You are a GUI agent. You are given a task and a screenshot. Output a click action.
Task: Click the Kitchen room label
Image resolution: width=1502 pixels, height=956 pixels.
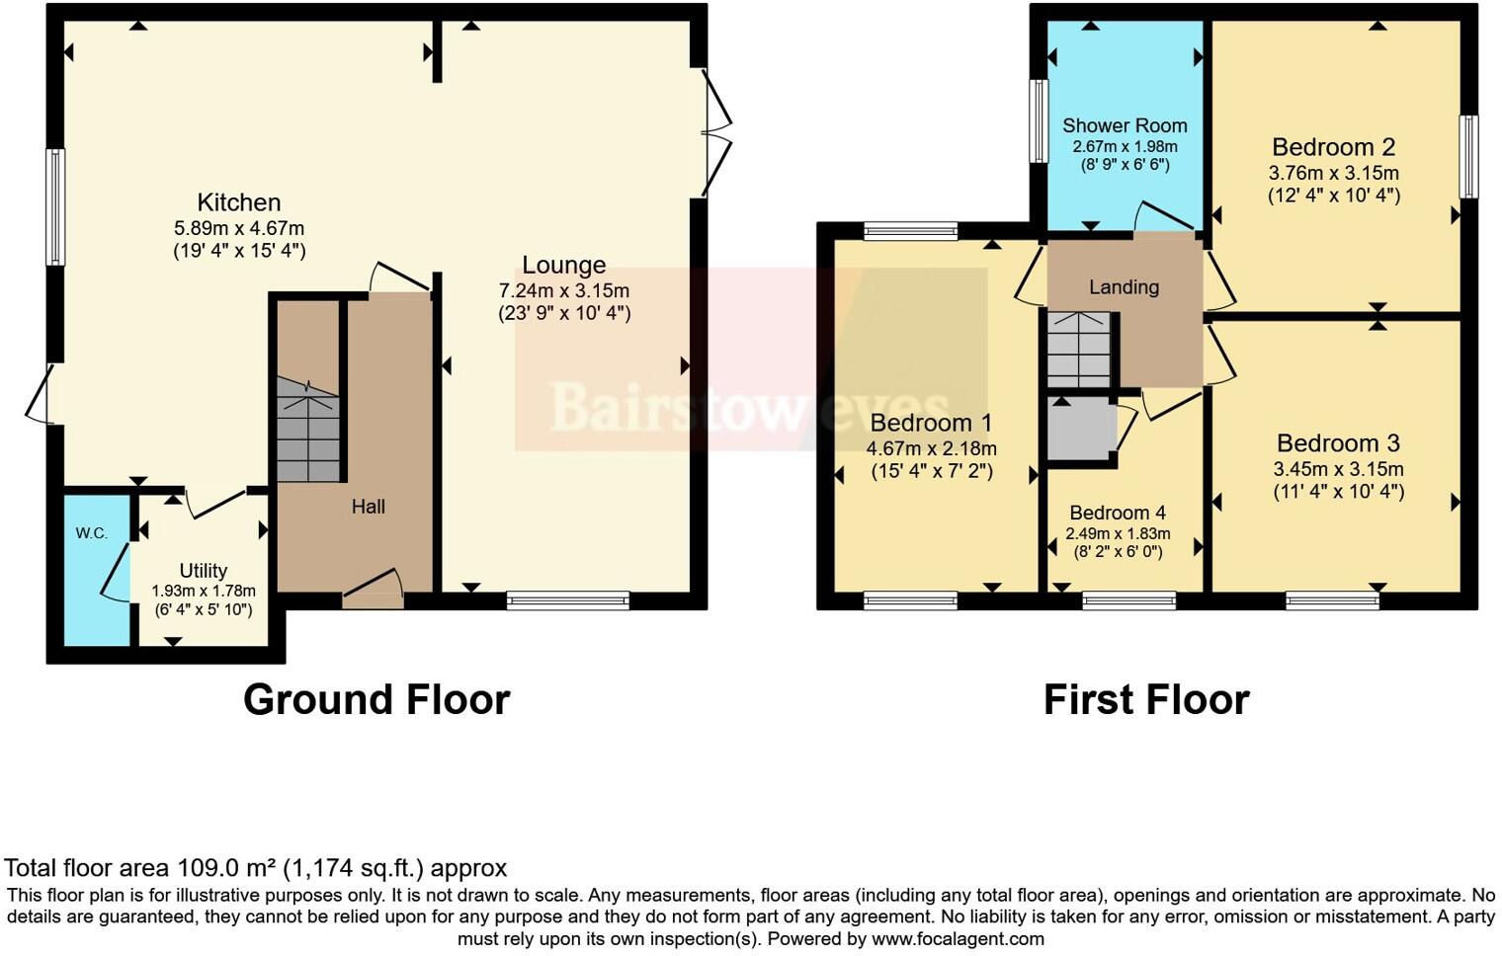[x=238, y=202]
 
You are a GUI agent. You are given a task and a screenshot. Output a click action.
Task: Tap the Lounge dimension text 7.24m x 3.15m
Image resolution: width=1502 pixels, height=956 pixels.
[x=563, y=290]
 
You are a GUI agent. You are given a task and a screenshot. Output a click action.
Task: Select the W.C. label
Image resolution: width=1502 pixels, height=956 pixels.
[x=92, y=533]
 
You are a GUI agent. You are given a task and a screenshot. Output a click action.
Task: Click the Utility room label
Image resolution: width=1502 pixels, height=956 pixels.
[x=203, y=570]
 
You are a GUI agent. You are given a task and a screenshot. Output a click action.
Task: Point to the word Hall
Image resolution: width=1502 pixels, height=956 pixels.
[x=368, y=507]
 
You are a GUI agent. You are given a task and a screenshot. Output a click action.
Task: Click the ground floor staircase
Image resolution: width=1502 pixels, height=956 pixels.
[x=307, y=430]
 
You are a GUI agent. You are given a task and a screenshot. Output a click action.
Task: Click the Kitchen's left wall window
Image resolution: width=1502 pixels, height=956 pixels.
[x=56, y=207]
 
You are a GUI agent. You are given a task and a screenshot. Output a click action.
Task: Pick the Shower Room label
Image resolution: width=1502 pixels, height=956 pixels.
[x=1125, y=125]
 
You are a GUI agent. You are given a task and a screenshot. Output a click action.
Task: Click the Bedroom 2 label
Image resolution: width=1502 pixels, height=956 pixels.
[x=1333, y=147]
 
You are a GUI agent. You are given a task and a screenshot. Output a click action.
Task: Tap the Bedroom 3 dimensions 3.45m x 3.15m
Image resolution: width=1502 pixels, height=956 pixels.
[x=1338, y=469]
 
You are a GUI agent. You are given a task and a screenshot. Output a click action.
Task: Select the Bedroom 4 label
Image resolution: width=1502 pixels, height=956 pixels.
[x=1118, y=513]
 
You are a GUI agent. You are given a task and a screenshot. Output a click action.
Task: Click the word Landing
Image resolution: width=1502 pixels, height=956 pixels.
[x=1124, y=287]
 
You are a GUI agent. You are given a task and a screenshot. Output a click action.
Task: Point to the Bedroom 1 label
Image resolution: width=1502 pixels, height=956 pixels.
[x=931, y=423]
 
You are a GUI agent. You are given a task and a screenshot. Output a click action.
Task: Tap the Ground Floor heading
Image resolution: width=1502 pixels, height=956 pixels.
[x=376, y=699]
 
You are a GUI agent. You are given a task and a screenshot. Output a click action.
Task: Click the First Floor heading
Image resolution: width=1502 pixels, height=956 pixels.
[x=1146, y=699]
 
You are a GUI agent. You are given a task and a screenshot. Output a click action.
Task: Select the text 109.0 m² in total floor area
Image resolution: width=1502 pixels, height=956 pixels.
[x=227, y=868]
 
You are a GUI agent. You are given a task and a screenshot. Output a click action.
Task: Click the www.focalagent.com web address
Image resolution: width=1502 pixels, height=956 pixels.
[x=958, y=939]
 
